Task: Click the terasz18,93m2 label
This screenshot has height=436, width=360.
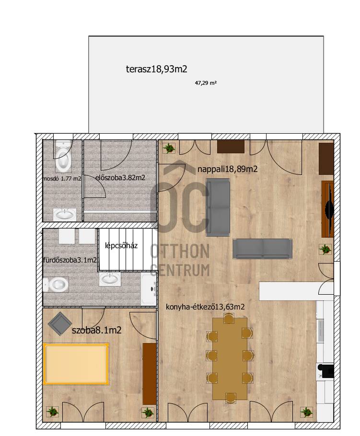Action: coord(156,69)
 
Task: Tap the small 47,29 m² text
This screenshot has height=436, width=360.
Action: coord(206,83)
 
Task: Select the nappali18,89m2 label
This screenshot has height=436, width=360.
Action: coord(228,169)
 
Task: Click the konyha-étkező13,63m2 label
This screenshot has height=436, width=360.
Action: coord(205,307)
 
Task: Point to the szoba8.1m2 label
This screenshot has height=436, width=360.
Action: coord(96,330)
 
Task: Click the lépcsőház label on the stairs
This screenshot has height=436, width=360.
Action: coord(121,246)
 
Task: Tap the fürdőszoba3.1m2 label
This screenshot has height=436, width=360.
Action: coord(70,260)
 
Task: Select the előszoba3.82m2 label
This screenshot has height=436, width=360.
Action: coord(120,178)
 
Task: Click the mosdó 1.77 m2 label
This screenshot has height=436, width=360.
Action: coord(62,179)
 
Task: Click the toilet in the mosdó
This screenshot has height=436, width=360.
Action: coord(63,156)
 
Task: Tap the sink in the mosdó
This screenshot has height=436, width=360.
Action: coord(65,215)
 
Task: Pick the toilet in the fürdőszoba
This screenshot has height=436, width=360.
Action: coord(56,284)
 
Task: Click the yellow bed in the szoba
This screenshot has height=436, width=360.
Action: coord(76,364)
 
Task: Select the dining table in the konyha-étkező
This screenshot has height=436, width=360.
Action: coord(230,359)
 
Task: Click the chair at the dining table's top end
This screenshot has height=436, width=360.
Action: coord(229,318)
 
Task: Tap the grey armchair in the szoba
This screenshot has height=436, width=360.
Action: coord(59,324)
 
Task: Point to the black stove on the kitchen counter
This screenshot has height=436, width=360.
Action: coord(326,371)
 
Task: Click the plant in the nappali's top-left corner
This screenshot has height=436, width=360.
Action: coord(169,148)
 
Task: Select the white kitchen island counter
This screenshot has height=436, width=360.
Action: coord(296,291)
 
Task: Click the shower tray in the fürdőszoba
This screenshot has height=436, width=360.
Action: coord(149,289)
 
